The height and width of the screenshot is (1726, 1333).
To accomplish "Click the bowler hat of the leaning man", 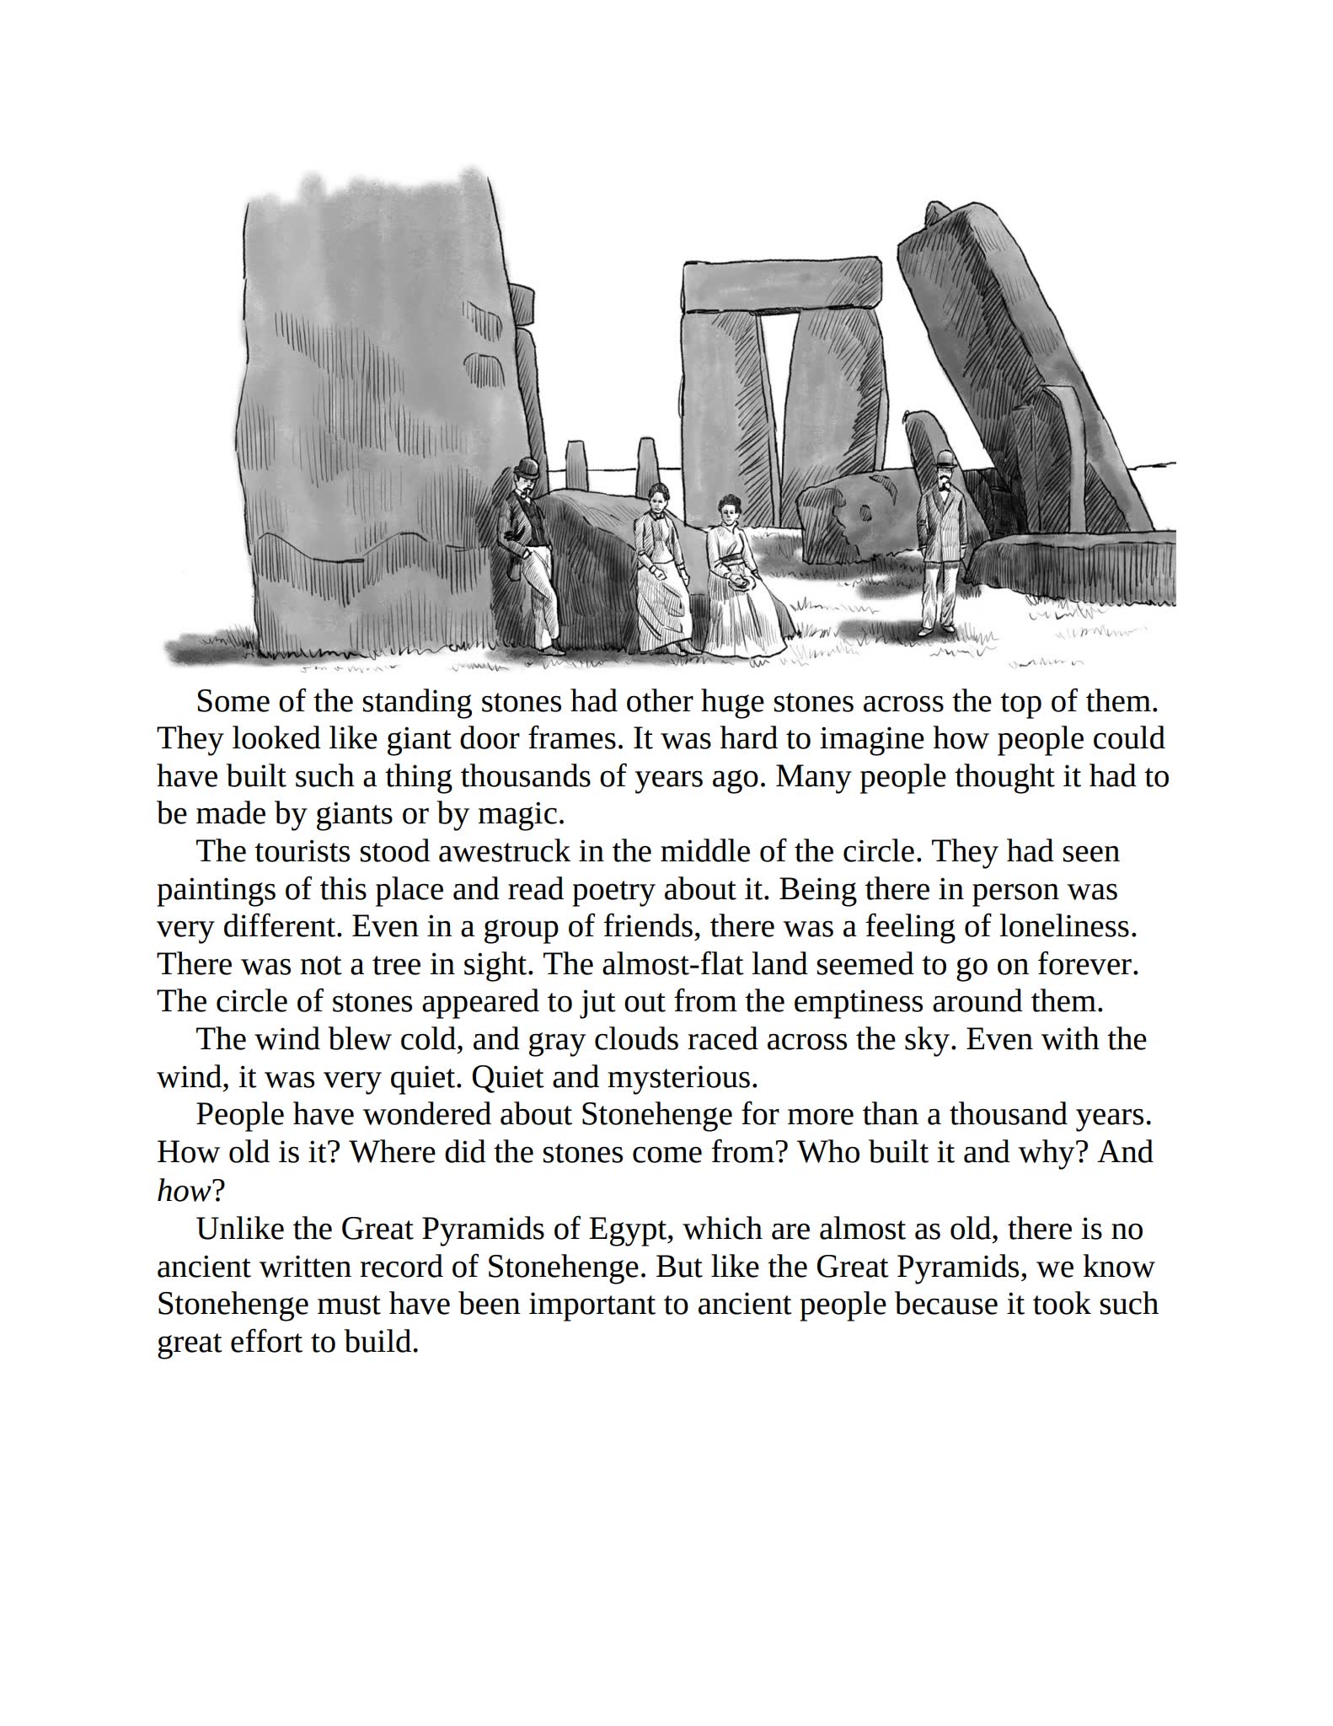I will [x=528, y=467].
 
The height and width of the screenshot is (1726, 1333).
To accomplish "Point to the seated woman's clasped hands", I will [x=739, y=581].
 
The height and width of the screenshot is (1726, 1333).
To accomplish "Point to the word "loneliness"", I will [x=1068, y=926].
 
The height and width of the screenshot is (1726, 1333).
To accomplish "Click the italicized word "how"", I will [x=183, y=1190].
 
